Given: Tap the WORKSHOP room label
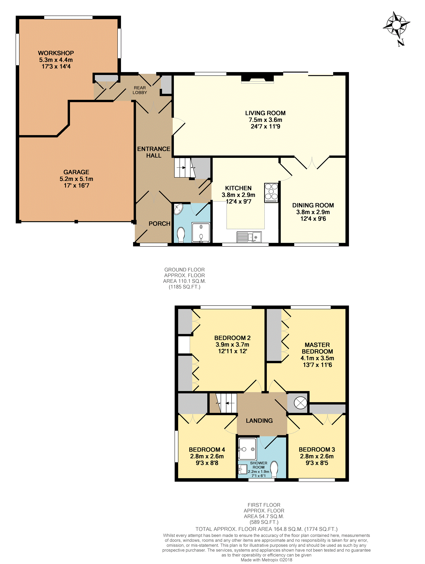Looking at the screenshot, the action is point(56,53).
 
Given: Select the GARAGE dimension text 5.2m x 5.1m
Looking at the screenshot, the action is point(76,179).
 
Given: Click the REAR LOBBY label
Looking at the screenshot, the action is point(140,90).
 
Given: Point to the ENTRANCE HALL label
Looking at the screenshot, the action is point(154,152).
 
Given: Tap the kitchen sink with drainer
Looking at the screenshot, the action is point(249,237).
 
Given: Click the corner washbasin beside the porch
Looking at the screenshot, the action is point(178,209).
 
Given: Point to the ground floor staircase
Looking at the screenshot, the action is point(185,167).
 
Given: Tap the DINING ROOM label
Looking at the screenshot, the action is point(313,205).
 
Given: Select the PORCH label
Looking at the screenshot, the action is point(160,224).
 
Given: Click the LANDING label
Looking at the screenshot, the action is point(259,420).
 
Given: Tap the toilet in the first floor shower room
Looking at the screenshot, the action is point(274,469).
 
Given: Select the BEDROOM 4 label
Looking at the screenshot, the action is point(207,450).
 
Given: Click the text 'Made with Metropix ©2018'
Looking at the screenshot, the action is point(267,560).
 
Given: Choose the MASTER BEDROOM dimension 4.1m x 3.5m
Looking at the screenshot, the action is point(317,358).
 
